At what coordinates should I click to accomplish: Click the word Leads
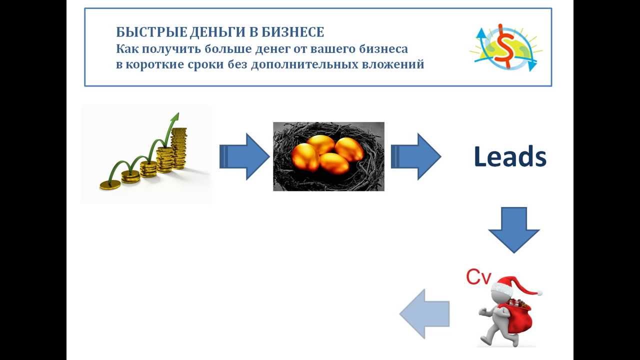[x=509, y=157]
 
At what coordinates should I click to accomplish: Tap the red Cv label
[x=478, y=277]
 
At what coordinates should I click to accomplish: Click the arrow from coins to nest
[x=244, y=156]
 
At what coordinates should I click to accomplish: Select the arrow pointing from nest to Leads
[x=415, y=156]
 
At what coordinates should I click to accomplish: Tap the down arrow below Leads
[x=513, y=229]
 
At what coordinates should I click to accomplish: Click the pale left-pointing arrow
[x=424, y=314]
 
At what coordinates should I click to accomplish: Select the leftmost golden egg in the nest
[x=304, y=156]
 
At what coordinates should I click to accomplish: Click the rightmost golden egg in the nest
[x=349, y=149]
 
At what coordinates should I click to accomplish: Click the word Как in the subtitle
[x=126, y=49]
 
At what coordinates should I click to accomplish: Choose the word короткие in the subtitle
[x=160, y=64]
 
